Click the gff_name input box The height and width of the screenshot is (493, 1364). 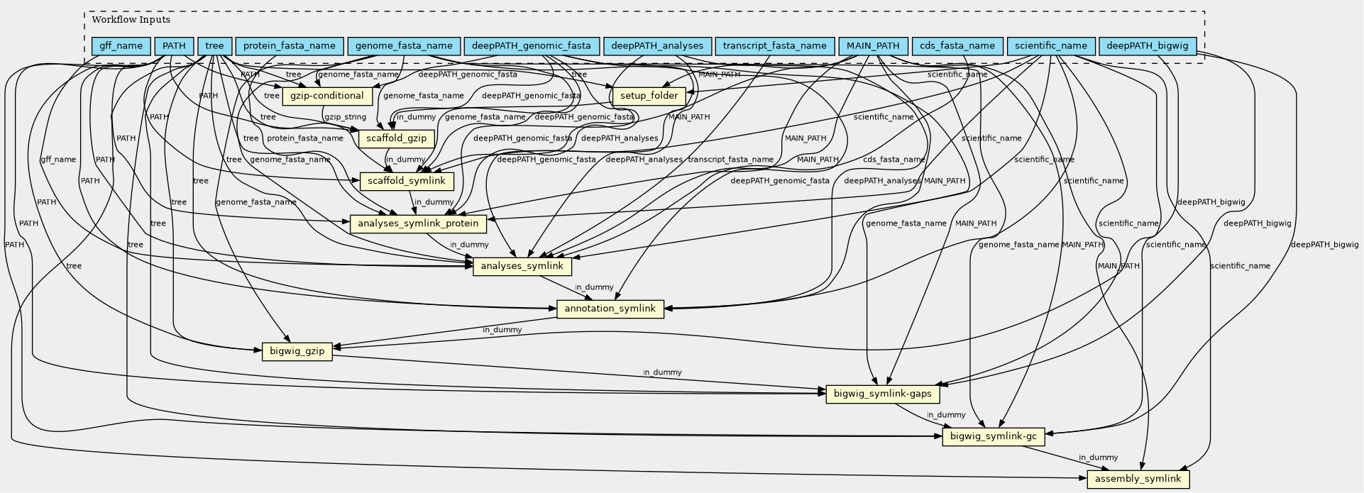(x=121, y=46)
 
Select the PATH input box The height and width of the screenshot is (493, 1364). (x=174, y=46)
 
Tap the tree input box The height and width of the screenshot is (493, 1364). (x=214, y=46)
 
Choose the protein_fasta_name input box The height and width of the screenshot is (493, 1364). (x=289, y=46)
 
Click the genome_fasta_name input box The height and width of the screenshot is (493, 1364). (x=404, y=46)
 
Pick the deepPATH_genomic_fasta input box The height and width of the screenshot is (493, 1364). (x=531, y=46)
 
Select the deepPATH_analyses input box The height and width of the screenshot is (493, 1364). (x=657, y=46)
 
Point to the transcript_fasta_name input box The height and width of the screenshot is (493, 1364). (x=775, y=46)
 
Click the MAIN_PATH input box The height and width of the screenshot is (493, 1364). (x=872, y=46)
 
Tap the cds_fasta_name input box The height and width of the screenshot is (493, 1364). (x=957, y=46)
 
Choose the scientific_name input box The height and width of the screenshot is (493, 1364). (x=1050, y=46)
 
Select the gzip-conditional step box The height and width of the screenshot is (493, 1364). (x=327, y=96)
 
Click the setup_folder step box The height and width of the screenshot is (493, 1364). (x=649, y=96)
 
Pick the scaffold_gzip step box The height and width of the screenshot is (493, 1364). (x=397, y=138)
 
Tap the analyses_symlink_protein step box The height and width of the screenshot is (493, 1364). (x=419, y=224)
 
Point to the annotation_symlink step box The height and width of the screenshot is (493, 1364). (x=610, y=309)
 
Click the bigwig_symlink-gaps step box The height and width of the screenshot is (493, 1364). (x=883, y=394)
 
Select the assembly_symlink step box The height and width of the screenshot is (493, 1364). (x=1138, y=479)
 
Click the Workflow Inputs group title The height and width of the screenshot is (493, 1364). (x=131, y=20)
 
